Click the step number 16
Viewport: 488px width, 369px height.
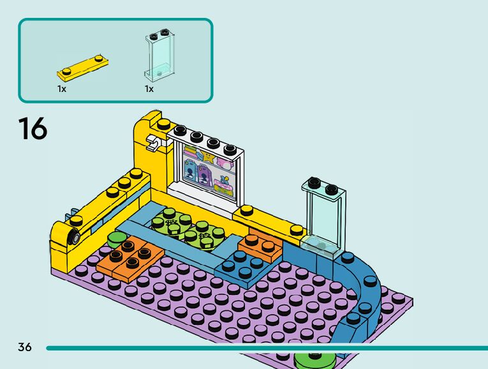pyautogui.click(x=33, y=128)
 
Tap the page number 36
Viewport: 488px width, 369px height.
pyautogui.click(x=25, y=347)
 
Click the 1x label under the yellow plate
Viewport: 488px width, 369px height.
pyautogui.click(x=62, y=89)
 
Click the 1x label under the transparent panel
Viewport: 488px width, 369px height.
pyautogui.click(x=149, y=89)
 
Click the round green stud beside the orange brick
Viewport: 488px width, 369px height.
pyautogui.click(x=118, y=239)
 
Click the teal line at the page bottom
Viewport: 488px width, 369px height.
pyautogui.click(x=255, y=348)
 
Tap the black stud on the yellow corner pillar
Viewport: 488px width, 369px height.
pyautogui.click(x=165, y=123)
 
